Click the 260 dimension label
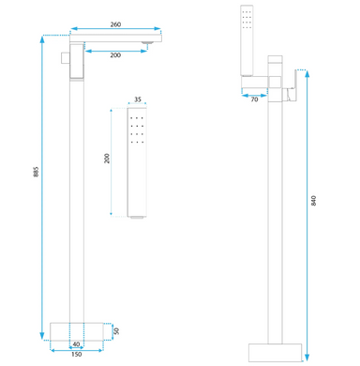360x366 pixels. pyautogui.click(x=115, y=24)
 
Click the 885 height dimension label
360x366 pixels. pyautogui.click(x=36, y=172)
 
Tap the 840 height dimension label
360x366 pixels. pyautogui.click(x=314, y=201)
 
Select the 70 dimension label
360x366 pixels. pyautogui.click(x=254, y=99)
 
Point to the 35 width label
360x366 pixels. pyautogui.click(x=138, y=99)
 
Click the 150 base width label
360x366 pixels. pyautogui.click(x=77, y=355)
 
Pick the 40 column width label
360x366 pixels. pyautogui.click(x=76, y=344)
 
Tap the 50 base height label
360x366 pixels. pyautogui.click(x=116, y=331)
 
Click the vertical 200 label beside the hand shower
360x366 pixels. pyautogui.click(x=107, y=159)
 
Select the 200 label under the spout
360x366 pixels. pyautogui.click(x=115, y=55)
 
